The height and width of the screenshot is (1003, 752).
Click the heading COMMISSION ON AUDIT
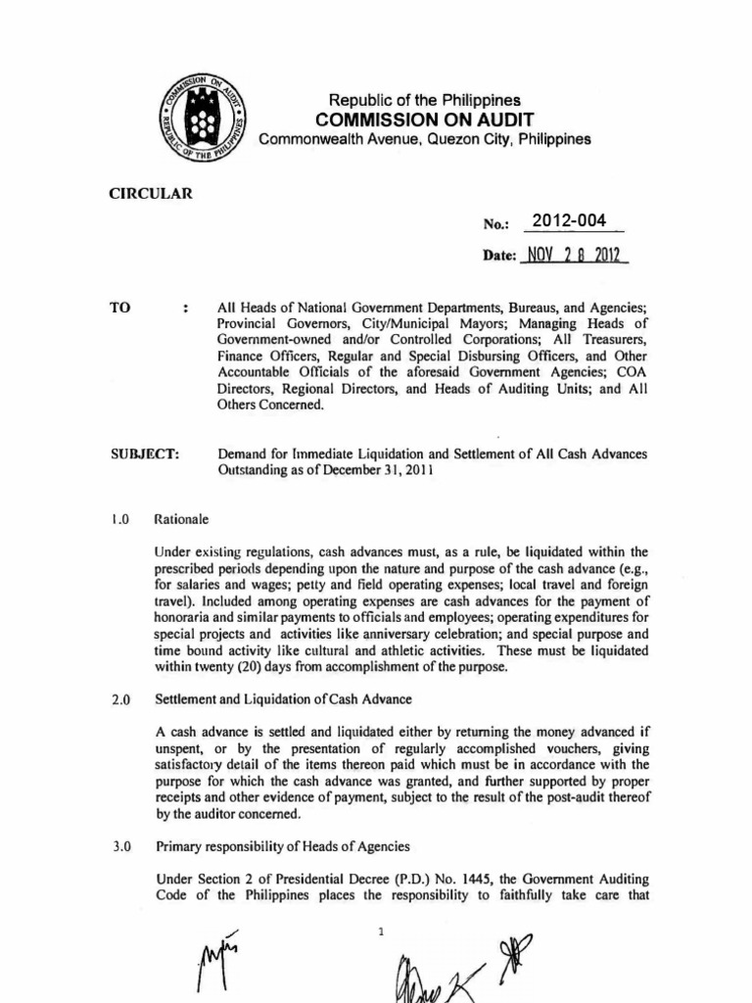tap(424, 119)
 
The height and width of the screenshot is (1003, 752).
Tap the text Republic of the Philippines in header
tap(424, 100)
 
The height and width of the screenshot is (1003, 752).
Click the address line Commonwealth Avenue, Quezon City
tap(424, 139)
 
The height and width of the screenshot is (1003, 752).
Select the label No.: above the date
tap(493, 224)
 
